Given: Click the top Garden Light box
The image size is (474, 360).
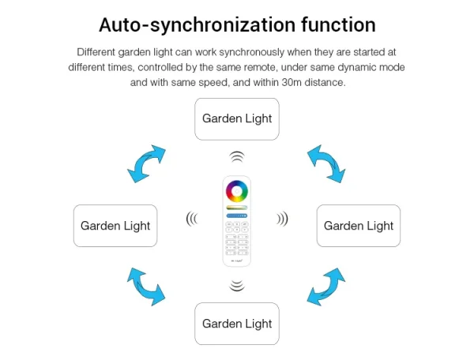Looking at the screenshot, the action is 237,119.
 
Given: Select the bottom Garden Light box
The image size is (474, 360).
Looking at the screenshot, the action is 237,324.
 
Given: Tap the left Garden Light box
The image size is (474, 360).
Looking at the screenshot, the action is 115,226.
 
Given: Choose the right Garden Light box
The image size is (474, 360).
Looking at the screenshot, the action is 359,226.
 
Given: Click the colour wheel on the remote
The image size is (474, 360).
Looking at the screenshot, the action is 237,191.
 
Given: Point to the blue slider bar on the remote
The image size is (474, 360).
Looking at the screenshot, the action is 237,216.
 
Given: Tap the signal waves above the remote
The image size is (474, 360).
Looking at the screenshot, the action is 237,157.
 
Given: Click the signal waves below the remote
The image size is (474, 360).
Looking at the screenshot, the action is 237,286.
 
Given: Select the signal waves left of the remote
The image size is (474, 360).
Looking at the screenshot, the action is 192,219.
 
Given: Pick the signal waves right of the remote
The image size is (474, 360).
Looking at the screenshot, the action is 282,219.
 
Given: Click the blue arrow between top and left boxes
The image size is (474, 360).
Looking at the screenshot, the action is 146,163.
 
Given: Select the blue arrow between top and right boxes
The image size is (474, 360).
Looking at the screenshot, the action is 326,163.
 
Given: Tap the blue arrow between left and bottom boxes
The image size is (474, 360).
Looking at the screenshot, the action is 146,287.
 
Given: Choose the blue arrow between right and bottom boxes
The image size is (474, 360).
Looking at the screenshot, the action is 326,287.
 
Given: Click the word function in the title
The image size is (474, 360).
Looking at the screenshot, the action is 338,24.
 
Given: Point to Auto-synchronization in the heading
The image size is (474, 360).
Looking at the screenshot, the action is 197,25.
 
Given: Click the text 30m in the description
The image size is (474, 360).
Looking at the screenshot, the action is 292,82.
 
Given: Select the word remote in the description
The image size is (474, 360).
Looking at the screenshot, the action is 260,67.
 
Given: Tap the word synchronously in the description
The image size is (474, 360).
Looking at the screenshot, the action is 251,52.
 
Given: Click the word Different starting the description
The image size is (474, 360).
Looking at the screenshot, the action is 96,52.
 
